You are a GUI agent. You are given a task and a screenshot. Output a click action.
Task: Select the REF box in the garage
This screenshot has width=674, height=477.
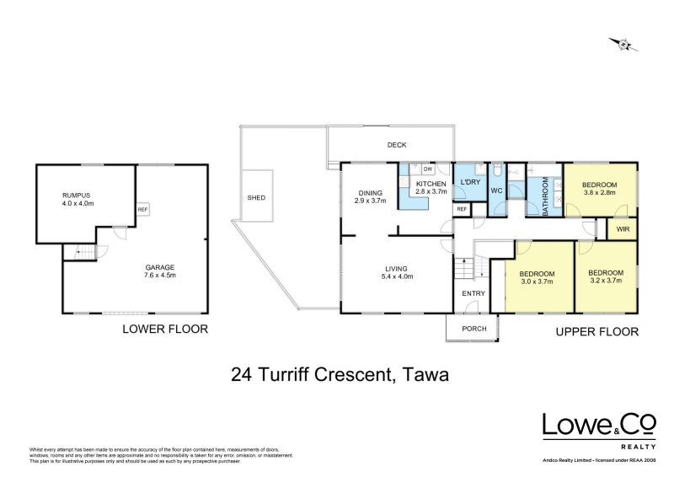pyautogui.click(x=142, y=210)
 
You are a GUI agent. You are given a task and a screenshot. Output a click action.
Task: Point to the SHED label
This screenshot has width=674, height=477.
pyautogui.click(x=256, y=197)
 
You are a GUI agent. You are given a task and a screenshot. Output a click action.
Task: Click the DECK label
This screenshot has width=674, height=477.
pyautogui.click(x=397, y=145)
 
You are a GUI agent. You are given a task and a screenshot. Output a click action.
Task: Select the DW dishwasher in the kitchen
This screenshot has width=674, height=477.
pyautogui.click(x=428, y=169)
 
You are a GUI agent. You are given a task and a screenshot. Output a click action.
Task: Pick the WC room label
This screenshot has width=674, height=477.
pyautogui.click(x=496, y=191)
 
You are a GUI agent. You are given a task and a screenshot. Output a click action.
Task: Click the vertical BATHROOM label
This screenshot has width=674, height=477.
pyautogui.click(x=545, y=196)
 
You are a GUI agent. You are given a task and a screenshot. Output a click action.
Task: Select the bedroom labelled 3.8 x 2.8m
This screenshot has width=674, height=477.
pyautogui.click(x=599, y=188)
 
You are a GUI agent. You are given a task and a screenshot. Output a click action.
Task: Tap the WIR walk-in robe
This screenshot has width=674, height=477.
pyautogui.click(x=623, y=228)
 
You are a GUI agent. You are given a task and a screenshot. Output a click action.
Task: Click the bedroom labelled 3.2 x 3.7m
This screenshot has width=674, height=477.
pyautogui.click(x=605, y=276)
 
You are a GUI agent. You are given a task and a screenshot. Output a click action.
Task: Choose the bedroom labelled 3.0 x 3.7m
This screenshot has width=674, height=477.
pyautogui.click(x=537, y=279)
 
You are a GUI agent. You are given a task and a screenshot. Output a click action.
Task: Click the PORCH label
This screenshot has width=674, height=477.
pyautogui.click(x=473, y=330)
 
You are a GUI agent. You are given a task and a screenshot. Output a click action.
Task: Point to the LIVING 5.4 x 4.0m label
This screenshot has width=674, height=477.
pyautogui.click(x=397, y=271)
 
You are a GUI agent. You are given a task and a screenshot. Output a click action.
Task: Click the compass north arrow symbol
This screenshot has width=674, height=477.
pyautogui.click(x=622, y=43)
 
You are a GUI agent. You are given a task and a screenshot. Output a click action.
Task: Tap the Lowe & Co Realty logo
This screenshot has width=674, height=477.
pyautogui.click(x=599, y=427)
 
